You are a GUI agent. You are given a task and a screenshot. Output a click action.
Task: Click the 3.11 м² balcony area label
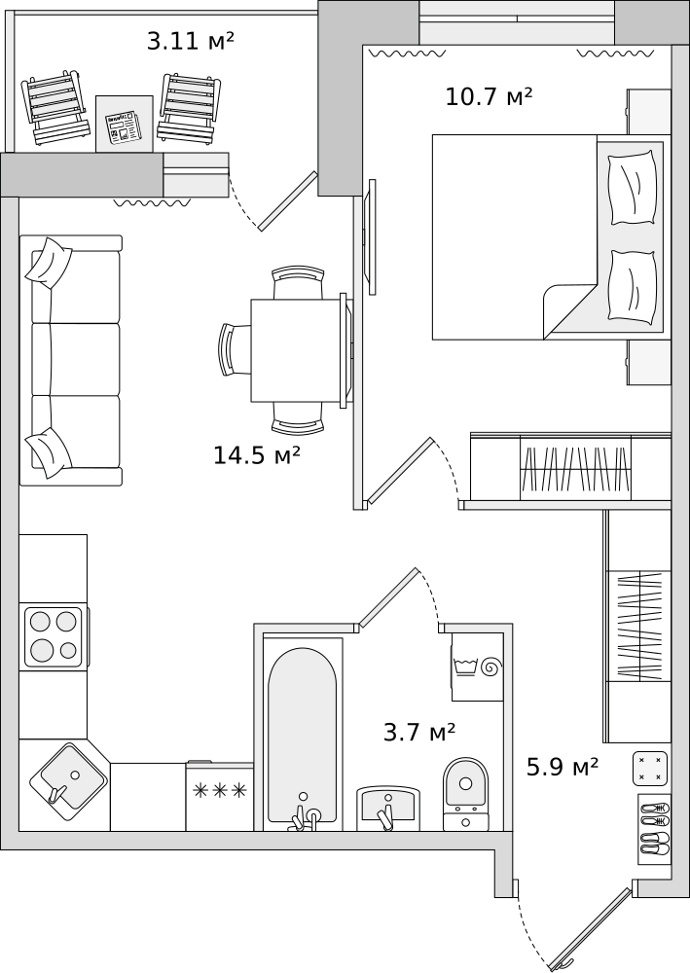pyautogui.click(x=191, y=41)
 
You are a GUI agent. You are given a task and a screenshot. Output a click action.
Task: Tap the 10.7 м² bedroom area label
pyautogui.click(x=489, y=96)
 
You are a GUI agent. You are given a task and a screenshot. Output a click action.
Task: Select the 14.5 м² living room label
pyautogui.click(x=257, y=454)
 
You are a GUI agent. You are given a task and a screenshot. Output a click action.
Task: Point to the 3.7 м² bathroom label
pyautogui.click(x=419, y=733)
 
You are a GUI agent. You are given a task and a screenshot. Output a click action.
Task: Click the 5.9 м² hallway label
pyautogui.click(x=563, y=767)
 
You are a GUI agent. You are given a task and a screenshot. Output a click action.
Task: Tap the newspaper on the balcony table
pyautogui.click(x=123, y=128)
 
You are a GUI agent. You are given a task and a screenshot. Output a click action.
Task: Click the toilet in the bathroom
pyautogui.click(x=465, y=794)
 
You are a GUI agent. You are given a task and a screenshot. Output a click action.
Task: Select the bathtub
pyautogui.click(x=303, y=735)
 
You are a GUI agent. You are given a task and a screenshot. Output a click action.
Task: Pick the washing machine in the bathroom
pyautogui.click(x=477, y=667)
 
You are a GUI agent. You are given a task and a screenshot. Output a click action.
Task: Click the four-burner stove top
pyautogui.click(x=54, y=636)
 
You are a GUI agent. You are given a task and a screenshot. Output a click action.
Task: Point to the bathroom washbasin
pyautogui.click(x=388, y=808)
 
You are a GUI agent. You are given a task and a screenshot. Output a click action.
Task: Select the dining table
pyautogui.click(x=297, y=350)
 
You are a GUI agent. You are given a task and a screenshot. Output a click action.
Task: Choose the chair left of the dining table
pyautogui.click(x=236, y=349)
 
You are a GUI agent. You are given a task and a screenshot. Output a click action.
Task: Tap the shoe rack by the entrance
pyautogui.click(x=655, y=829)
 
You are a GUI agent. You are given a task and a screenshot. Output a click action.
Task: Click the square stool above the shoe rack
pyautogui.click(x=650, y=769)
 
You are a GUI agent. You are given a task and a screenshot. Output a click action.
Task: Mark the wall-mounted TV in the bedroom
pyautogui.click(x=372, y=237)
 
